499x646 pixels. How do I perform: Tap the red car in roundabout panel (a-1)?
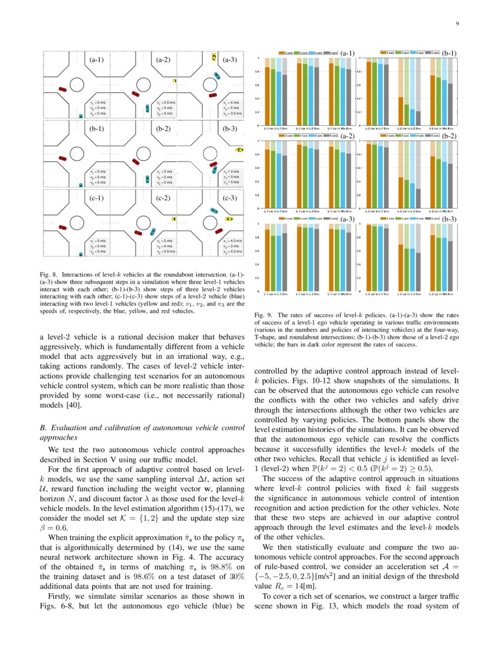tap(62, 89)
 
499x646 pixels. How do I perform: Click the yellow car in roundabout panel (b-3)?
tap(240, 150)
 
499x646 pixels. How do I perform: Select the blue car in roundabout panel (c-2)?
tap(153, 231)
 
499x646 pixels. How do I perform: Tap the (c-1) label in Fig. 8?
tap(96, 198)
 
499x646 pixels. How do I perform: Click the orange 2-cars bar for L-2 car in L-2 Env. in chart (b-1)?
tap(400, 111)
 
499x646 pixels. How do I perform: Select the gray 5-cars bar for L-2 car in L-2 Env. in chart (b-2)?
tap(417, 198)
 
